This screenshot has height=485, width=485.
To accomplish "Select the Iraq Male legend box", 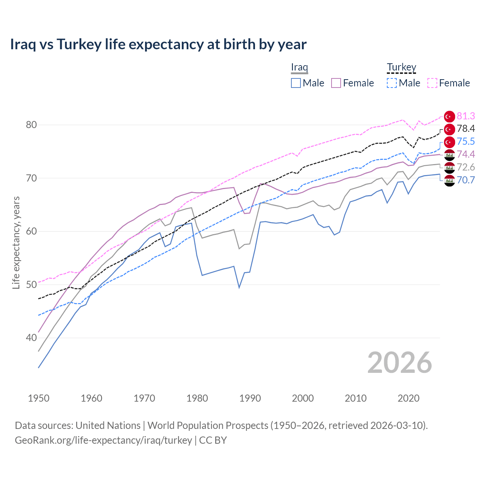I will click(296, 83).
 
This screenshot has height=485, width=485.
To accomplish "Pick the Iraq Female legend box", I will click(336, 83).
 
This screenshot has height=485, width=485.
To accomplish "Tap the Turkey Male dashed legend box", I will click(392, 83).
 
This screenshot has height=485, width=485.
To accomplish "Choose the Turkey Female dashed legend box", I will click(432, 83).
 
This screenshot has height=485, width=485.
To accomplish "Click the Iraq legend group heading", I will click(299, 67).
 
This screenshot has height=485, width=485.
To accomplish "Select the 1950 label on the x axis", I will click(39, 398).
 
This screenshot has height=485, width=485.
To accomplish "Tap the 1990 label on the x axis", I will click(250, 398).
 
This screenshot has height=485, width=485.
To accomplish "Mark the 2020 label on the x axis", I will click(408, 398).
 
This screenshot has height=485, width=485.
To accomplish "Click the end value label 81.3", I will click(466, 116).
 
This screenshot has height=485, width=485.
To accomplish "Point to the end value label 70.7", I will click(466, 180).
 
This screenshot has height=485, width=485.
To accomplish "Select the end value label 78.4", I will click(466, 129).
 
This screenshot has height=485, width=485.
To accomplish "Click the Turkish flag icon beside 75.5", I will click(449, 142).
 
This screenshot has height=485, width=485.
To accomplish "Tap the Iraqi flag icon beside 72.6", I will click(449, 167).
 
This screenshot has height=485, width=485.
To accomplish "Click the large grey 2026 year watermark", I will click(399, 363).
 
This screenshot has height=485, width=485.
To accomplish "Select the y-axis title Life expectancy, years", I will click(16, 242).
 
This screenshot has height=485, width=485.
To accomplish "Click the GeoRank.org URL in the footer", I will click(103, 440).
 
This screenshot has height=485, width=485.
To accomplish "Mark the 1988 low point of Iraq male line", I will click(239, 287).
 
